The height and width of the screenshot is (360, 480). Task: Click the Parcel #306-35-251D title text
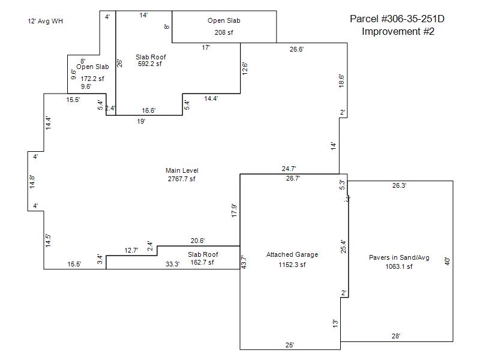[397, 19]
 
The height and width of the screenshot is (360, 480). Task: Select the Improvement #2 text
[398, 31]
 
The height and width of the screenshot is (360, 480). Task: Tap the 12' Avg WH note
[45, 21]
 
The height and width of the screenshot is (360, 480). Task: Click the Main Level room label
[182, 171]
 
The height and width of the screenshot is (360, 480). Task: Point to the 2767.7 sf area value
[182, 179]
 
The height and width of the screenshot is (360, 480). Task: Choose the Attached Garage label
[292, 254]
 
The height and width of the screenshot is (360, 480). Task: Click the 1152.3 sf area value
[292, 265]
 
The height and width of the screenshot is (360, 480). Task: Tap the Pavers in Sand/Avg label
[399, 258]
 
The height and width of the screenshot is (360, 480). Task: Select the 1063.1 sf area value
[399, 267]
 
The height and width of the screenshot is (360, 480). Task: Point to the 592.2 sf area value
[150, 64]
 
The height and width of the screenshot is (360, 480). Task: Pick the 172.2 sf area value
[92, 79]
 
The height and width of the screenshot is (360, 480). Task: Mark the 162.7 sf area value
[202, 262]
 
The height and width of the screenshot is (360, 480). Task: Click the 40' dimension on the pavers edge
[447, 262]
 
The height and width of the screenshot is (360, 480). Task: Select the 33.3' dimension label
[172, 264]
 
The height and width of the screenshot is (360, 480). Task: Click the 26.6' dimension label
[296, 49]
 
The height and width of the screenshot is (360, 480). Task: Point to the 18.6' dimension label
[342, 82]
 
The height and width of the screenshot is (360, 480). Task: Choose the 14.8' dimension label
[32, 182]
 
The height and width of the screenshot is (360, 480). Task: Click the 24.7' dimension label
[290, 170]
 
